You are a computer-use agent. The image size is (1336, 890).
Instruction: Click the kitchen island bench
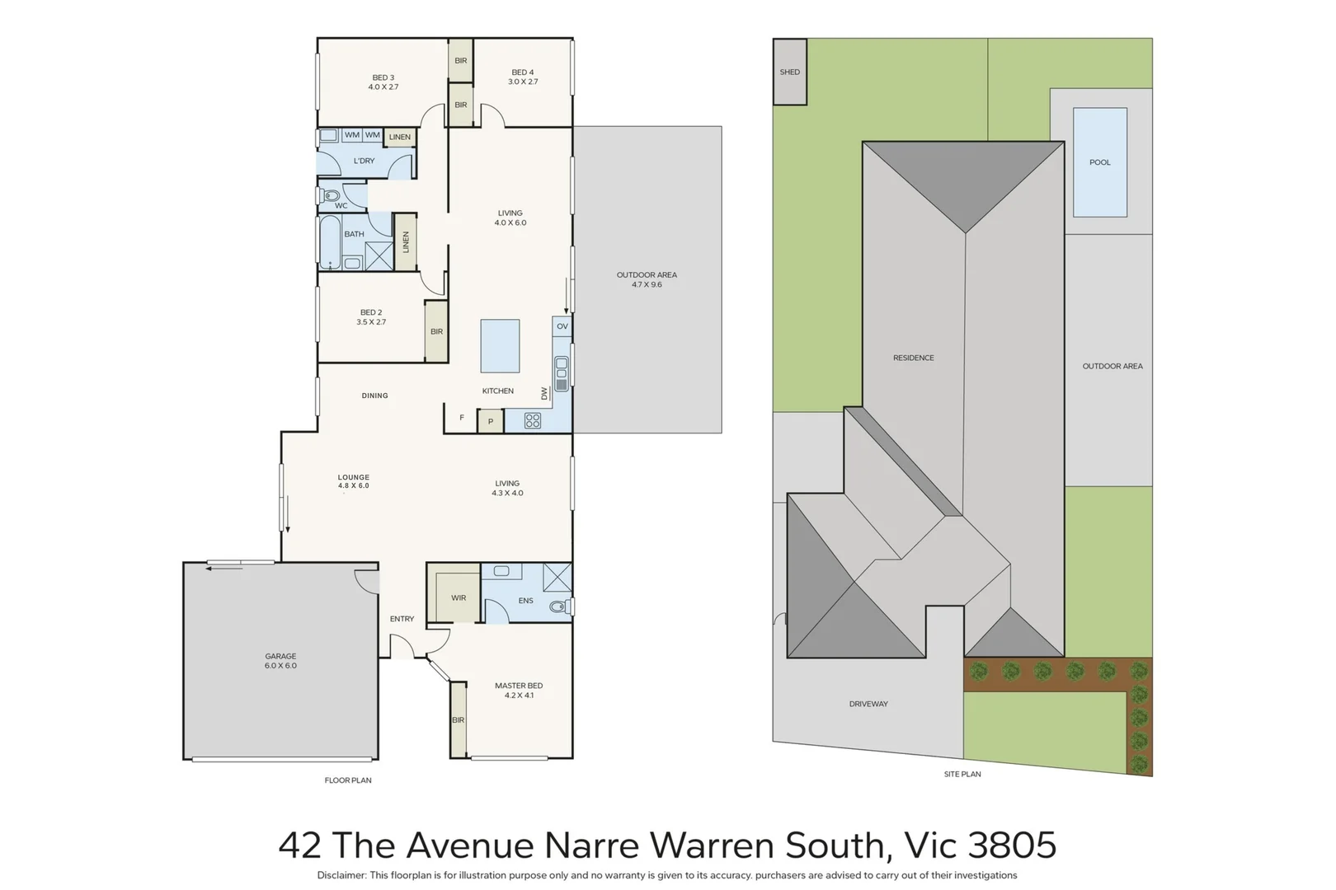tap(500, 346)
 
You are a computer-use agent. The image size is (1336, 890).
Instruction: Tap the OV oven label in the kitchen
tap(562, 326)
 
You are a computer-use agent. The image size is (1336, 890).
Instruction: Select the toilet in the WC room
tap(331, 196)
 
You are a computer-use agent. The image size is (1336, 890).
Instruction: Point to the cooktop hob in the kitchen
tap(533, 421)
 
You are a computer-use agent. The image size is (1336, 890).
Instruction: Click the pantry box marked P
tap(490, 421)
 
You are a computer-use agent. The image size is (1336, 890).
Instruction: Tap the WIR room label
tap(459, 598)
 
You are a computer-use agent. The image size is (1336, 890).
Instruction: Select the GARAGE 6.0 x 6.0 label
tap(280, 661)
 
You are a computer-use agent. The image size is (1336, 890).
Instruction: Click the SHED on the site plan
tap(790, 72)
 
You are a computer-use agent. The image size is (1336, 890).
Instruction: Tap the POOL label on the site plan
tap(1100, 162)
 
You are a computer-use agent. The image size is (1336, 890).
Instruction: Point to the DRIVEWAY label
tap(868, 704)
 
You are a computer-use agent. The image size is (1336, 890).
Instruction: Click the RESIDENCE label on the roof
tap(914, 358)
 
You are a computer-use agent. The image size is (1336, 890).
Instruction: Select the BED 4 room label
tap(523, 77)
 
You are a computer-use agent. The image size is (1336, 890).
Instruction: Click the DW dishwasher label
tap(544, 394)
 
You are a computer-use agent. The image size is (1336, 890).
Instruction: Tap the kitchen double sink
tap(562, 373)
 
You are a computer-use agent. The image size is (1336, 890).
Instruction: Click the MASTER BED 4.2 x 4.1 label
tap(519, 690)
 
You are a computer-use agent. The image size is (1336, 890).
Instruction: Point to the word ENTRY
tap(402, 619)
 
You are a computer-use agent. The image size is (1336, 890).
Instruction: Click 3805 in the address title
tap(1012, 845)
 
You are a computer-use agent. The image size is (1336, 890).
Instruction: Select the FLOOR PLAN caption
tap(348, 780)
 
